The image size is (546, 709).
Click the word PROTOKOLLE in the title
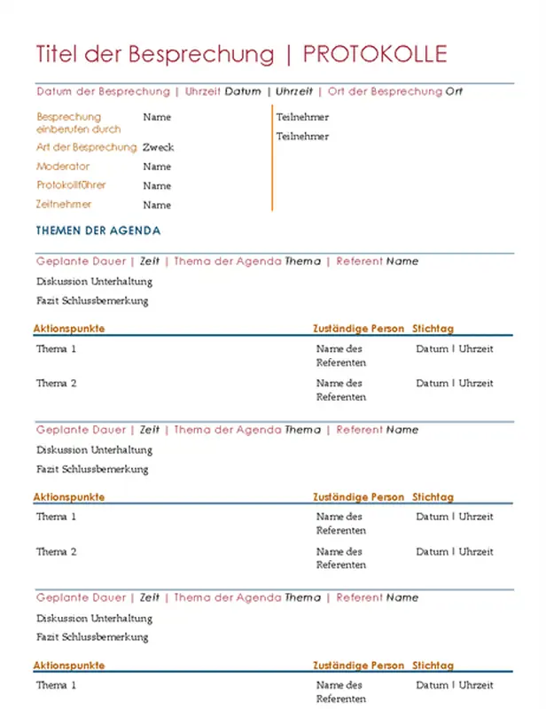tap(375, 55)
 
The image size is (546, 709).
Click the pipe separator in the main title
tap(289, 55)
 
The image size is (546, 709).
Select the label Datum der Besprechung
tap(103, 91)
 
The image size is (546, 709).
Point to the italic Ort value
tap(454, 91)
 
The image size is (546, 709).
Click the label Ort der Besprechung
tap(385, 91)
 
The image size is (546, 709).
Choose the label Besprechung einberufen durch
tap(79, 122)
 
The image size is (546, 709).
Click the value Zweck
tap(158, 147)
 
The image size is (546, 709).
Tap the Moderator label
tap(63, 167)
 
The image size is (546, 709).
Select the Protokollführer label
tap(71, 186)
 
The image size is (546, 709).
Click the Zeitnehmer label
tap(64, 205)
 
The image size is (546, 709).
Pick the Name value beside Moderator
tap(157, 167)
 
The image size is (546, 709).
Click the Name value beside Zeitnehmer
tap(157, 205)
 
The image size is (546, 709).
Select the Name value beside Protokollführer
tap(157, 186)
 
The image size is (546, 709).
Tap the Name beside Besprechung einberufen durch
tap(157, 117)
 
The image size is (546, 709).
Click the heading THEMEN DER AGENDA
tap(98, 230)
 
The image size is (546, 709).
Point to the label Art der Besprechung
tap(86, 147)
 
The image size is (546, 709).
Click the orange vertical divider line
tap(272, 160)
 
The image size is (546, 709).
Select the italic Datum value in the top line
tap(243, 91)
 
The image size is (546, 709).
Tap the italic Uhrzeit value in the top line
tap(294, 91)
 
